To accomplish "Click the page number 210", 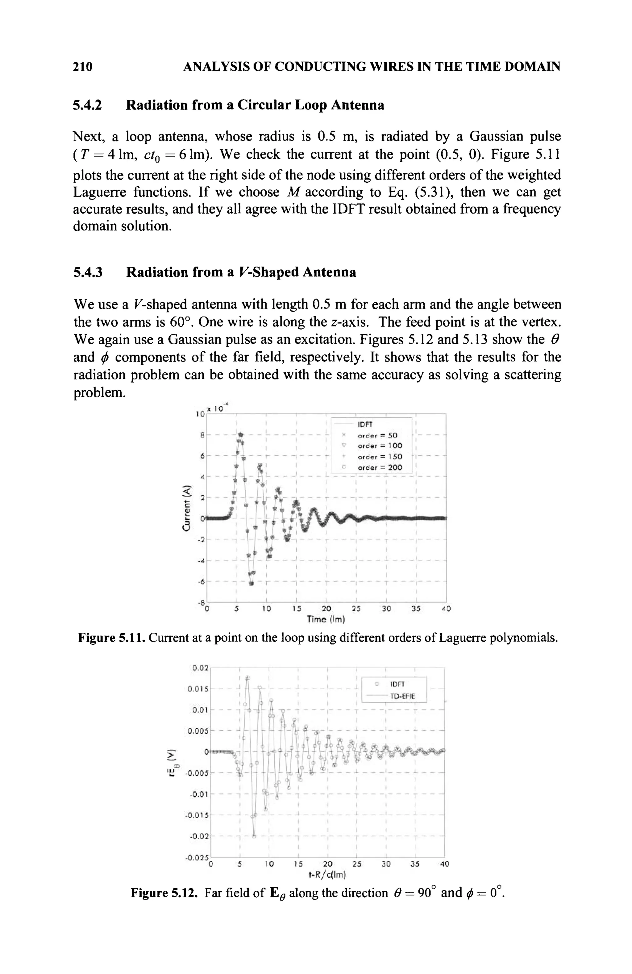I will (83, 66).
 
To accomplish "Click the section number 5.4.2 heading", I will (87, 105).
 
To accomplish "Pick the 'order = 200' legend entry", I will (380, 467).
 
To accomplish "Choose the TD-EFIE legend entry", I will (402, 696).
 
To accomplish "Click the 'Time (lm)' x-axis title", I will (326, 619).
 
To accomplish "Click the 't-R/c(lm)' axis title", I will (326, 875).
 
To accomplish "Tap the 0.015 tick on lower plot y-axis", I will (198, 689).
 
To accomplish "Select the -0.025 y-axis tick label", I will (197, 857).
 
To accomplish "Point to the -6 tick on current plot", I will (201, 581).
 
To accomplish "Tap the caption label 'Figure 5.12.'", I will (164, 893).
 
